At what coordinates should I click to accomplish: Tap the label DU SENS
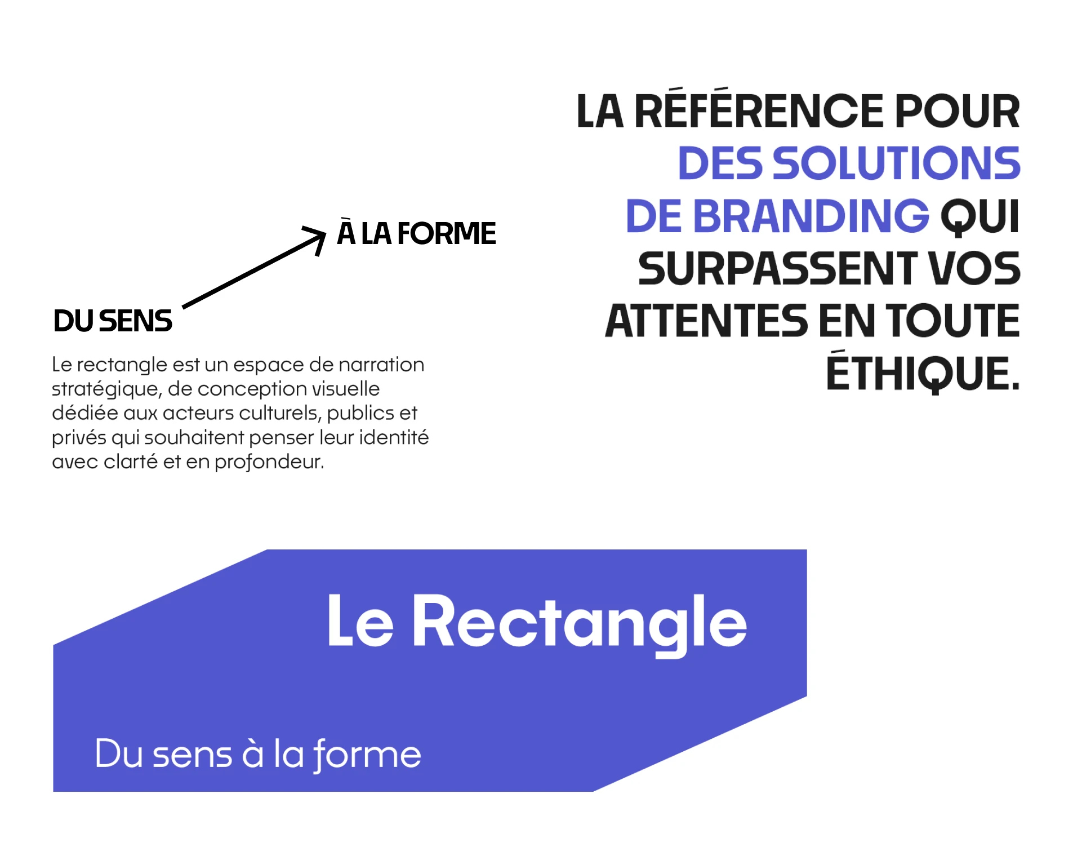point(113,321)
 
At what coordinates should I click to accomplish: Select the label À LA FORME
point(416,233)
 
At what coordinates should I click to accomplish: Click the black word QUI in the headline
point(981,216)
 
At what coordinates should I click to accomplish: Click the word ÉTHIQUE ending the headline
point(922,373)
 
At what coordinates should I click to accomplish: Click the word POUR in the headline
point(957,111)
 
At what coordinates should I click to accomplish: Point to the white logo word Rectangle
point(580,623)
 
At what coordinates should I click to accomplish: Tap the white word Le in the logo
point(360,623)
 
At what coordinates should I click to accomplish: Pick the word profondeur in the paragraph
point(269,462)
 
